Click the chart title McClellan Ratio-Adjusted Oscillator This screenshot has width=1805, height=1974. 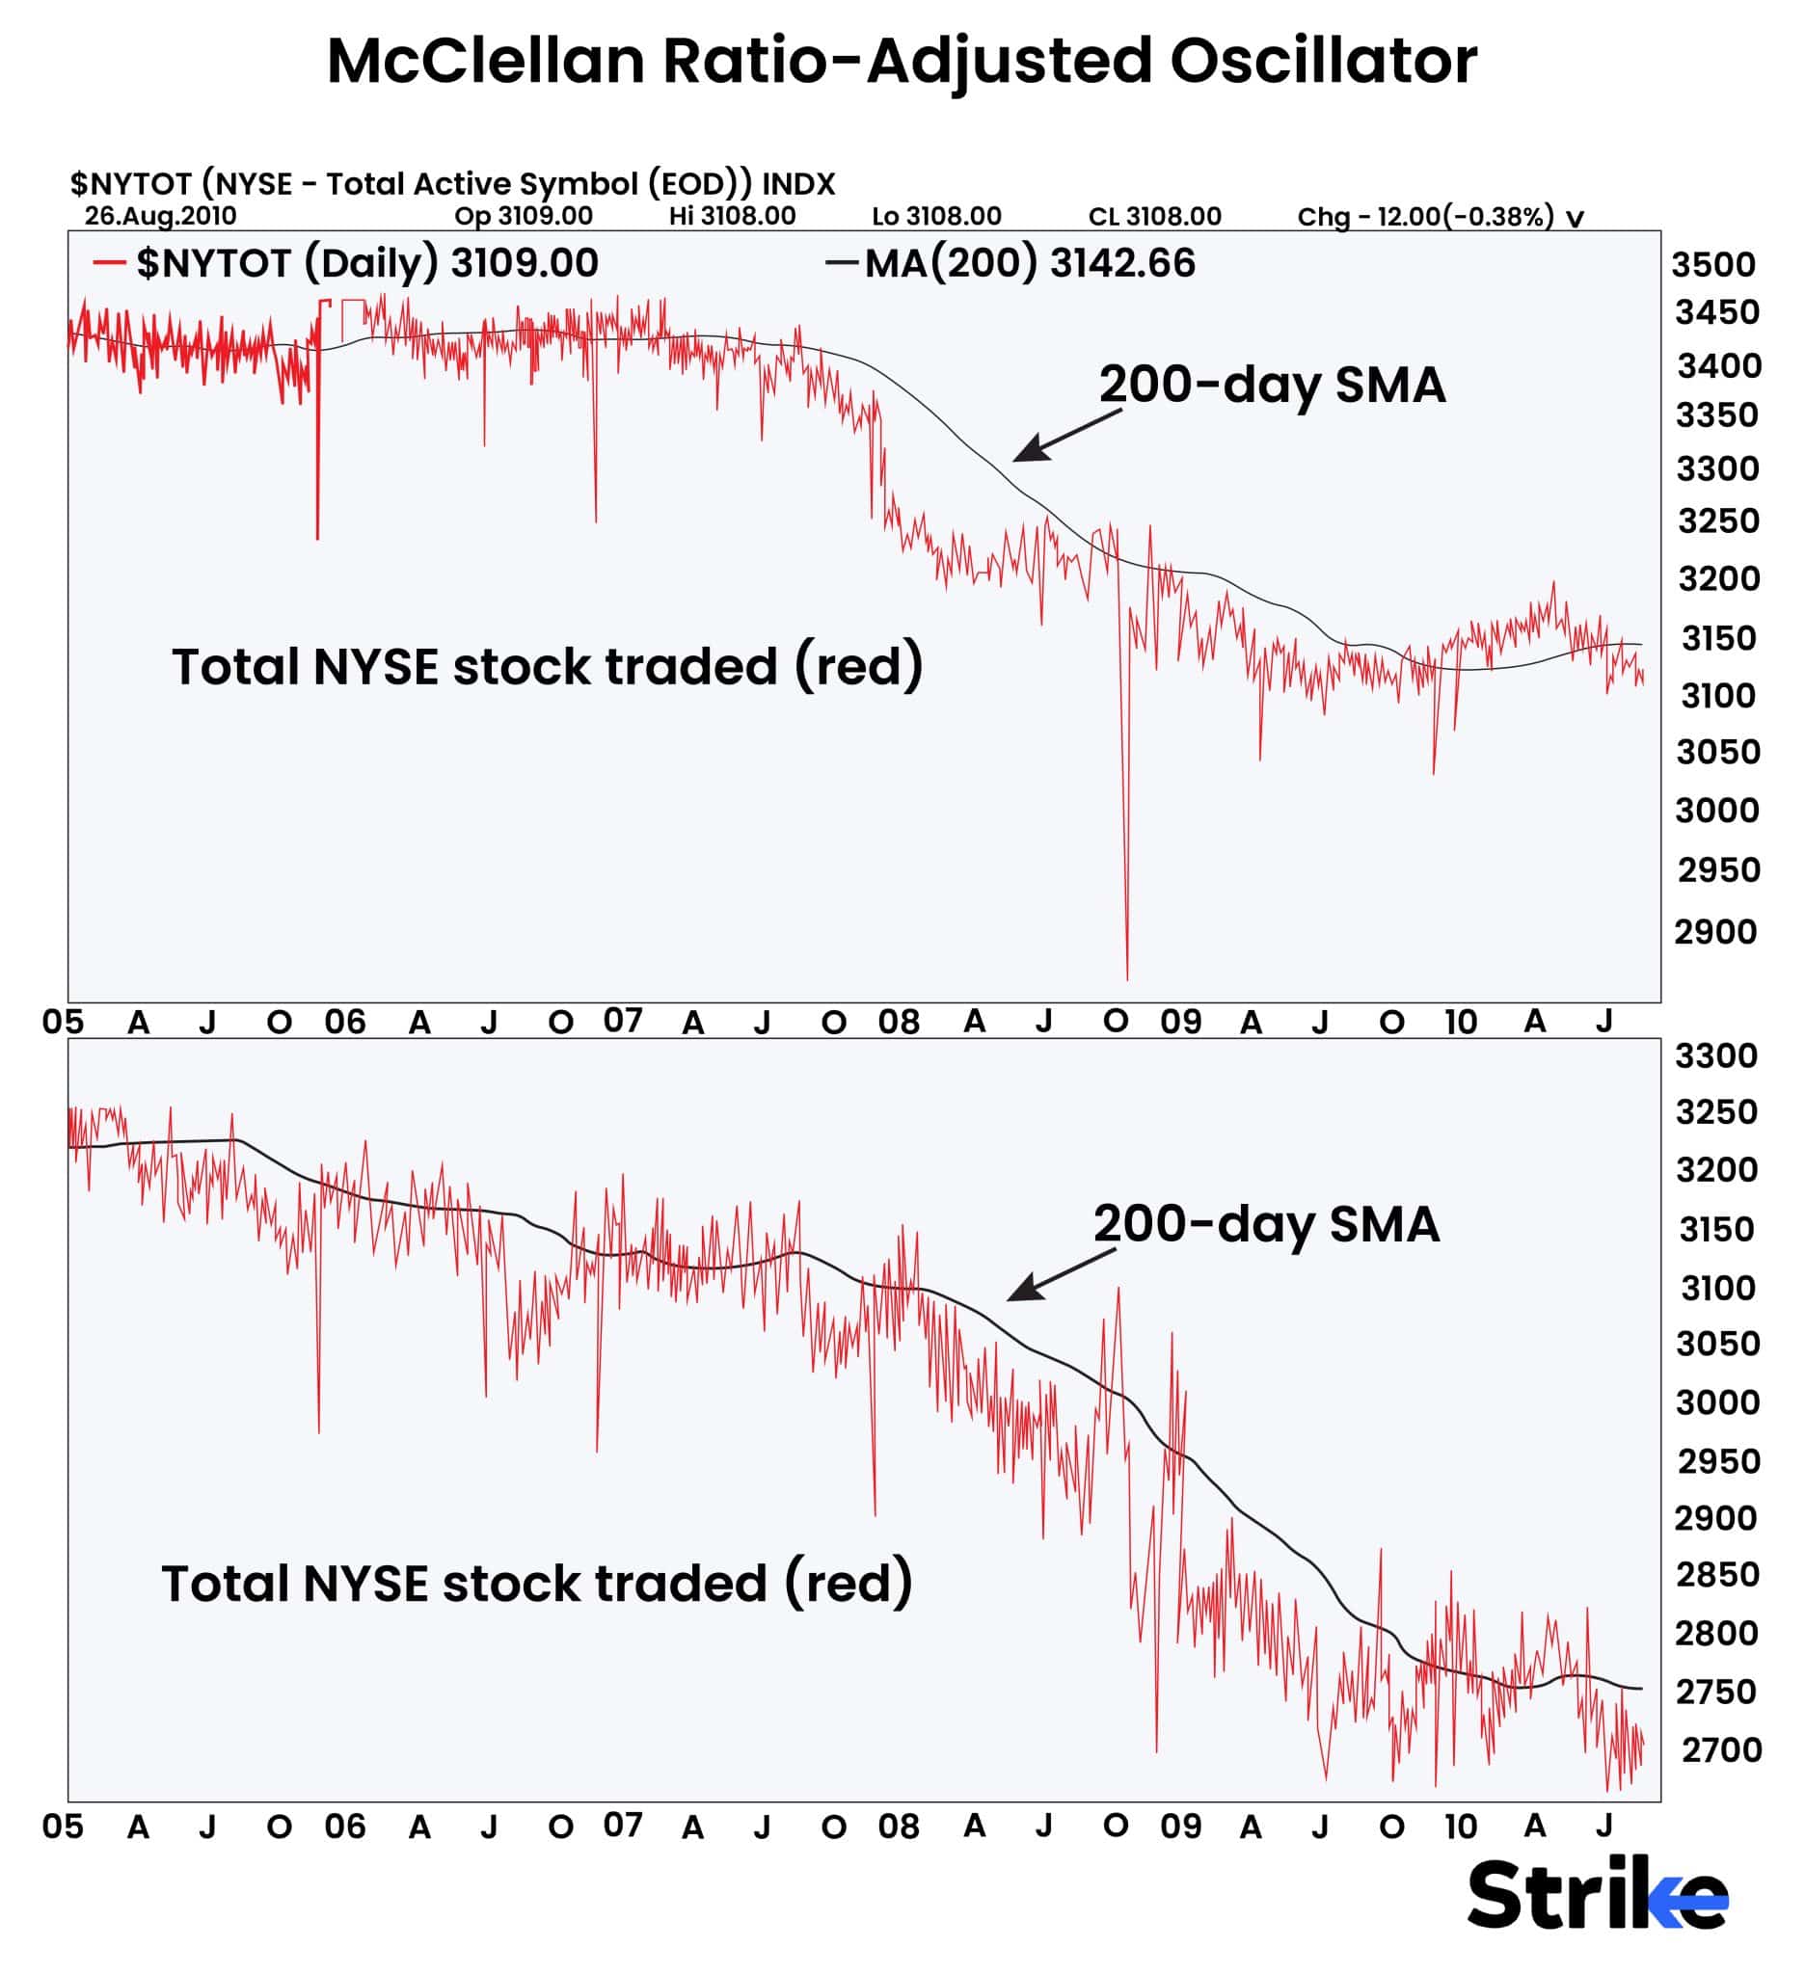tap(901, 61)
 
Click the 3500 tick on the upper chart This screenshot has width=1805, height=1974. tap(1714, 264)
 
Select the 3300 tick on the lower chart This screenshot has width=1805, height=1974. tap(1716, 1056)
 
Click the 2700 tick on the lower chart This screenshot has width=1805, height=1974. tap(1721, 1749)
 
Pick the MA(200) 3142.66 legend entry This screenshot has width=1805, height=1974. tap(1010, 263)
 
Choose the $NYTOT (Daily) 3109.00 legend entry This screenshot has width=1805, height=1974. tap(346, 263)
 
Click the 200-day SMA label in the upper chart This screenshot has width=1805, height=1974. tap(1271, 385)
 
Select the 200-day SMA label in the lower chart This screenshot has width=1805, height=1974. tap(1265, 1224)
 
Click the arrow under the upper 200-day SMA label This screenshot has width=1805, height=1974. tap(1065, 436)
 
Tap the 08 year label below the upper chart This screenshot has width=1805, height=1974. tap(898, 1023)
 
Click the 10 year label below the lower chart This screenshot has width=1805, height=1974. tap(1460, 1827)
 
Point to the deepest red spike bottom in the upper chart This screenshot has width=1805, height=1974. tap(1127, 976)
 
